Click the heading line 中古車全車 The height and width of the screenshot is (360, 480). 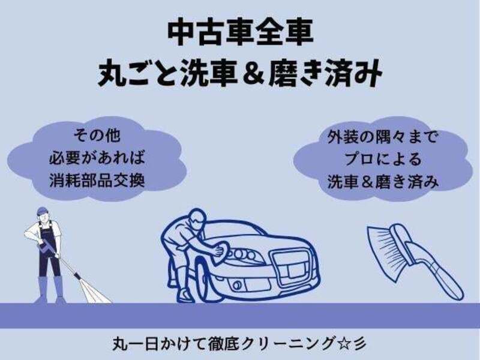pyautogui.click(x=241, y=32)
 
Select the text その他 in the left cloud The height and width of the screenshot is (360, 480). pyautogui.click(x=97, y=136)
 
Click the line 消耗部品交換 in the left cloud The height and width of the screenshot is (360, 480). pyautogui.click(x=97, y=180)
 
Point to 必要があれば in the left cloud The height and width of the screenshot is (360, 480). pyautogui.click(x=97, y=158)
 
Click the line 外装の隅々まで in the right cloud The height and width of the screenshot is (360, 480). pyautogui.click(x=383, y=137)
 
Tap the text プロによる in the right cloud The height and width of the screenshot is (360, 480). pyautogui.click(x=383, y=159)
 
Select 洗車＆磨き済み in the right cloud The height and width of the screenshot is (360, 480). pyautogui.click(x=383, y=182)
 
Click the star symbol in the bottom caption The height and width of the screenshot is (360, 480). pyautogui.click(x=342, y=343)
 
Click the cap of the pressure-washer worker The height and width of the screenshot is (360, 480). pyautogui.click(x=42, y=211)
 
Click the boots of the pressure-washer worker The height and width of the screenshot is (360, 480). pyautogui.click(x=50, y=290)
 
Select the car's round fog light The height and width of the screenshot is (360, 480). pyautogui.click(x=236, y=286)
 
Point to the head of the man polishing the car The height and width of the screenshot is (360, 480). pyautogui.click(x=196, y=218)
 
